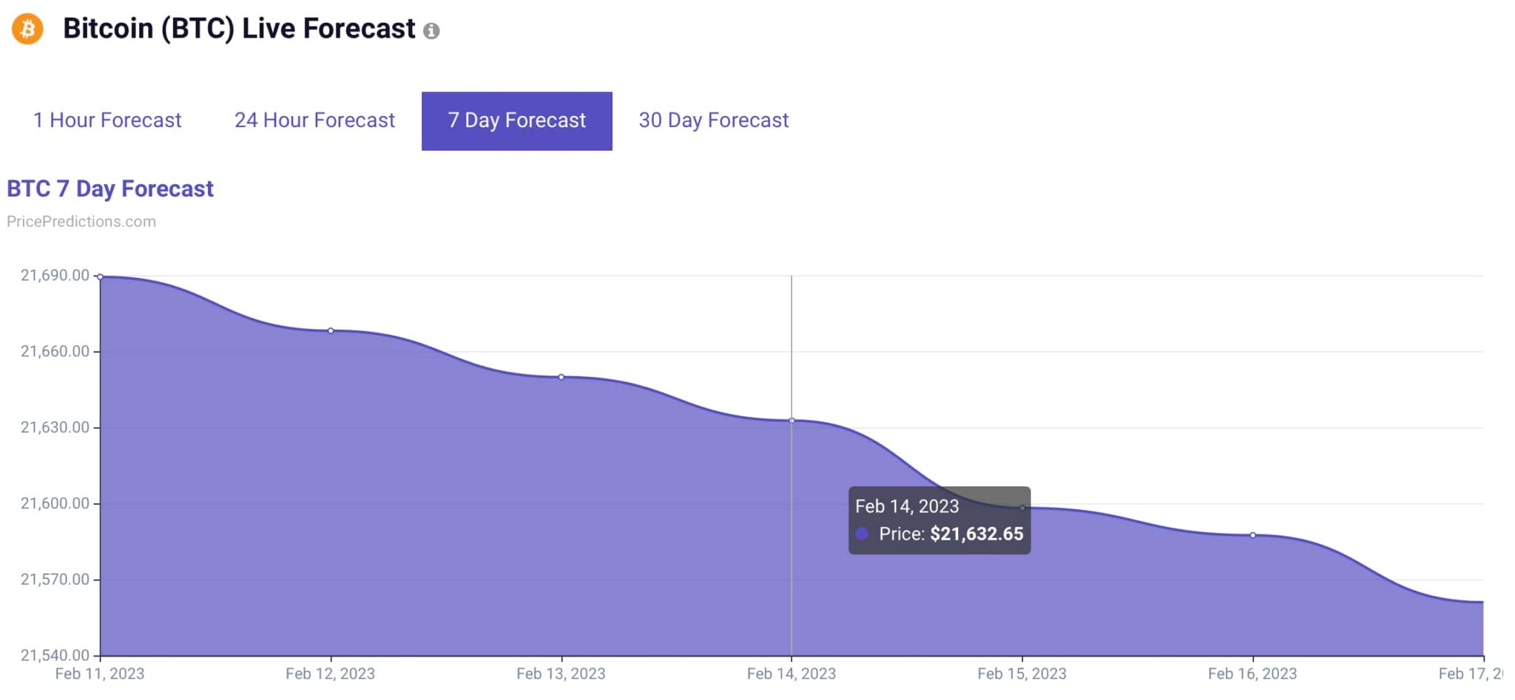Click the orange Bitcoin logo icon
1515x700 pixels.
tap(27, 30)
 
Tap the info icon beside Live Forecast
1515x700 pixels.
tap(431, 31)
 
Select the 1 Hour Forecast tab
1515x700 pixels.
tap(107, 120)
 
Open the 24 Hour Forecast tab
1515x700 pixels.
tap(314, 120)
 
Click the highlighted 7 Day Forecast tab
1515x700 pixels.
tap(516, 120)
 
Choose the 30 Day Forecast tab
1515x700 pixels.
tap(713, 120)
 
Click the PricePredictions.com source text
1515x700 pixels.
tap(81, 222)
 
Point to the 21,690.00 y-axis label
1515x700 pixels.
tap(55, 276)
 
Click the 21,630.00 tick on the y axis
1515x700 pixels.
tap(55, 427)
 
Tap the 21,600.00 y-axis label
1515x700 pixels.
tap(55, 503)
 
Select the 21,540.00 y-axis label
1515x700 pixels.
tap(55, 655)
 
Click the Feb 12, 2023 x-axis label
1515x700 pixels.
tap(330, 673)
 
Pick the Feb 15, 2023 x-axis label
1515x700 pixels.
tap(1022, 673)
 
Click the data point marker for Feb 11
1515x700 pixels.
tap(101, 277)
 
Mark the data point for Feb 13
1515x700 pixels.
tap(561, 377)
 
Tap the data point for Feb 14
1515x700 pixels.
tap(792, 421)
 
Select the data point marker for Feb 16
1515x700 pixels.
tap(1253, 535)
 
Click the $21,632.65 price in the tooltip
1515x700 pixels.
tap(976, 534)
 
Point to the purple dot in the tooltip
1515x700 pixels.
tap(862, 534)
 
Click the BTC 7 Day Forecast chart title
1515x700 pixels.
tap(110, 189)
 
